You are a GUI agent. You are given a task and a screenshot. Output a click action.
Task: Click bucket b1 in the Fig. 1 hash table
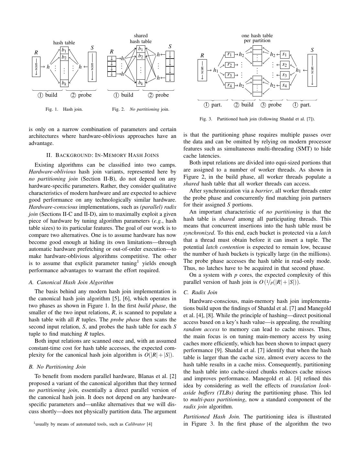tap(64, 50)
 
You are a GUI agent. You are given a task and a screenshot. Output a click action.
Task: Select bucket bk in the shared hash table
tap(141, 83)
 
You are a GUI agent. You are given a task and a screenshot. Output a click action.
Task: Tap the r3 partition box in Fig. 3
tap(229, 75)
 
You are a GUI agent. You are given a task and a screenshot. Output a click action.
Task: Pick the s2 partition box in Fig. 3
tap(285, 65)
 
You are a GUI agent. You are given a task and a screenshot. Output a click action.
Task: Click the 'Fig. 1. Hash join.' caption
tap(64, 109)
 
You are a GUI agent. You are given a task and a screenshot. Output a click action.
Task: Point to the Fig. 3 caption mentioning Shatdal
tap(257, 119)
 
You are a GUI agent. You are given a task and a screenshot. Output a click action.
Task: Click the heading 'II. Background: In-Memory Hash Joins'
tap(103, 155)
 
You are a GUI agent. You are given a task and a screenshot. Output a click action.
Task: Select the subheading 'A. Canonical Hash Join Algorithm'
tap(71, 282)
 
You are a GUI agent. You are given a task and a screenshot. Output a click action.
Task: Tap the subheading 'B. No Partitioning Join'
tap(57, 367)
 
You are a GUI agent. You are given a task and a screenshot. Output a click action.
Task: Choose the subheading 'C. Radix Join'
tap(200, 292)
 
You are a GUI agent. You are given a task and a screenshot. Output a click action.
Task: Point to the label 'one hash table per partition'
tap(257, 38)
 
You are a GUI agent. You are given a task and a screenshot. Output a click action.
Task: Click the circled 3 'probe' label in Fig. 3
tap(271, 105)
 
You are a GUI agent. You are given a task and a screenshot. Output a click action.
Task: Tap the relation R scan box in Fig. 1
tap(36, 67)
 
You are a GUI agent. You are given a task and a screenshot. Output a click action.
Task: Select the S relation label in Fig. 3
tap(312, 50)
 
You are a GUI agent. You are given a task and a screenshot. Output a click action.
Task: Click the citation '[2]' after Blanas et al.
tap(173, 376)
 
